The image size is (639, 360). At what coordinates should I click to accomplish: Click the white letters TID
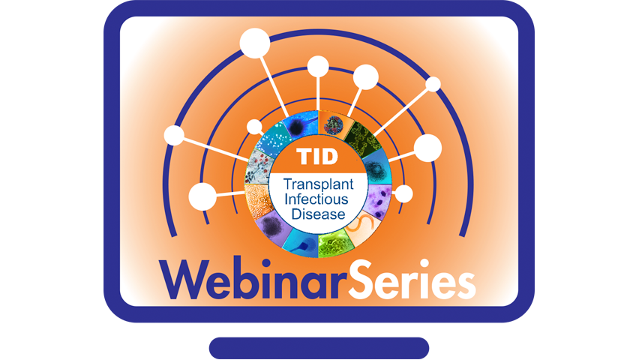(317, 157)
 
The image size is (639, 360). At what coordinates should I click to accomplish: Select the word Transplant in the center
(318, 184)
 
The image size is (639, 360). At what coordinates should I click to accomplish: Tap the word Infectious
(316, 199)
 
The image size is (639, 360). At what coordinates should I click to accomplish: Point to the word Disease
(318, 214)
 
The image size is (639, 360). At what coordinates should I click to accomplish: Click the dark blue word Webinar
(252, 280)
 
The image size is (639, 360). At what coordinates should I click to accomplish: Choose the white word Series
(411, 279)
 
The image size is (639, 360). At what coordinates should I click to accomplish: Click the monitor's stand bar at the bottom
(319, 348)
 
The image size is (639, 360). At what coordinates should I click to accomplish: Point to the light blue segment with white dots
(274, 139)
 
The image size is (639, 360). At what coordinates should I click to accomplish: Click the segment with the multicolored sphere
(334, 124)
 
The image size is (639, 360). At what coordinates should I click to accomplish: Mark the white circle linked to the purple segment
(403, 193)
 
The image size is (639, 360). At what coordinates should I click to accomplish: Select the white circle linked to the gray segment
(174, 135)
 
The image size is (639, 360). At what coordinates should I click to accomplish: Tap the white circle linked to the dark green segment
(433, 85)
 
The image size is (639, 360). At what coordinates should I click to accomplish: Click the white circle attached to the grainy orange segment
(202, 197)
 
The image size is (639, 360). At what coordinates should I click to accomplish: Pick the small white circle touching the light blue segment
(255, 127)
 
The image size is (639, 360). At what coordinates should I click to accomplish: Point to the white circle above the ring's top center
(318, 67)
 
